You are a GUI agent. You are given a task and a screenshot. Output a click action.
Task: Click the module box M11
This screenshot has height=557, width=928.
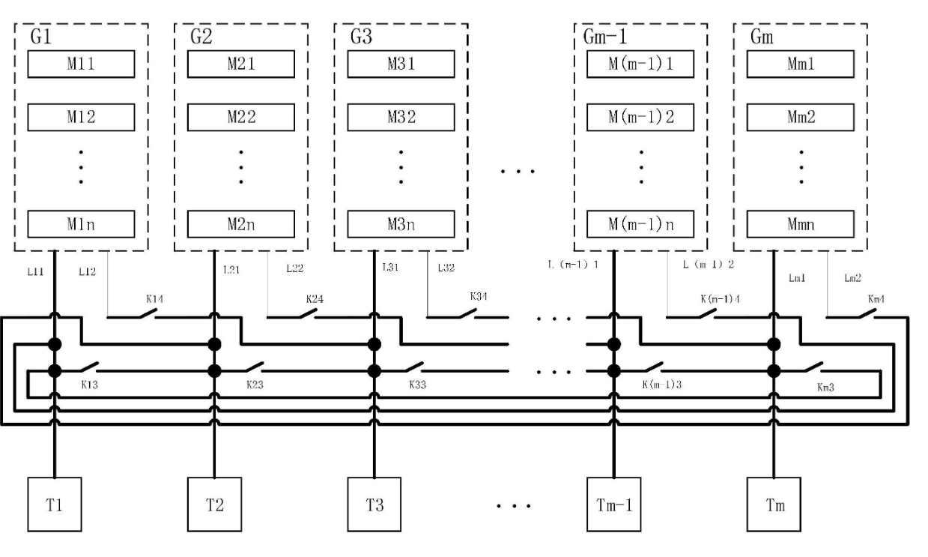pos(81,64)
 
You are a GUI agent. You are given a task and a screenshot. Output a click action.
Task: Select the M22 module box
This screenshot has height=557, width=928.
pos(240,118)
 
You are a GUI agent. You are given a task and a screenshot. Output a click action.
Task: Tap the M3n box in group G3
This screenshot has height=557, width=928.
pos(401,223)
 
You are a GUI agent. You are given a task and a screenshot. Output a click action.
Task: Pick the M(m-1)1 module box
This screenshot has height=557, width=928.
pos(640,64)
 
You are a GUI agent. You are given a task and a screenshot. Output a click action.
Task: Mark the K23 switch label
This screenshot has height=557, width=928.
pos(257,385)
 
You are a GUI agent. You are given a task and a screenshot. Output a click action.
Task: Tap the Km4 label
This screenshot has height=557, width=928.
pos(877,299)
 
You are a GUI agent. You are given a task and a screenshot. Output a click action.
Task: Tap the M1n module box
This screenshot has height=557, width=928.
pos(81,223)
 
